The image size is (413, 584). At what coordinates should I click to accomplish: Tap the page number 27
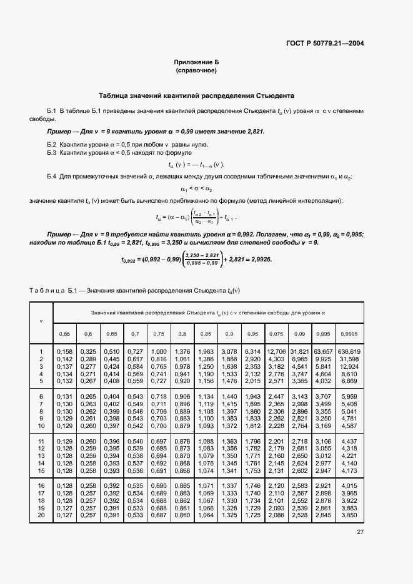coord(361,532)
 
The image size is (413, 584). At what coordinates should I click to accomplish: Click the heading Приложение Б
coord(196,63)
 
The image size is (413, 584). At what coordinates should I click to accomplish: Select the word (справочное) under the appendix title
coord(196,71)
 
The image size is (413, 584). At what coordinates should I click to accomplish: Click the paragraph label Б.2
coord(52,144)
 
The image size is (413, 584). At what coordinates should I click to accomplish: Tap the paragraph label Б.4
coord(52,177)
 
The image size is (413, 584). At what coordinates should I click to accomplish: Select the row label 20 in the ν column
coord(41,515)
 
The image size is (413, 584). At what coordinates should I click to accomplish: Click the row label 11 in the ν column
coord(41,442)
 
